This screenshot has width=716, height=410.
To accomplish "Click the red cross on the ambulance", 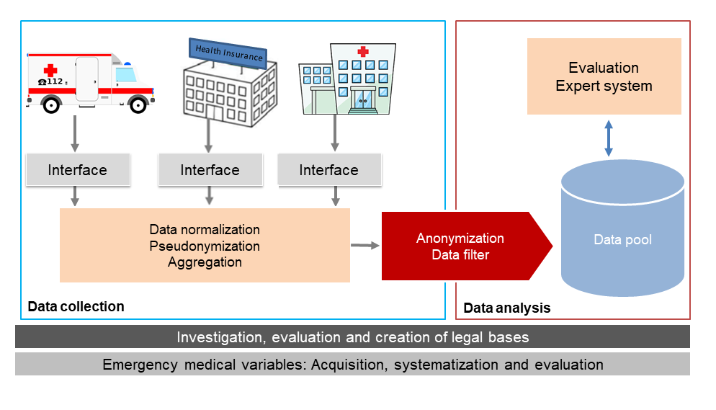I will pos(50,71).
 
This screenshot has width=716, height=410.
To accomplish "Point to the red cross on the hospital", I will pos(362,52).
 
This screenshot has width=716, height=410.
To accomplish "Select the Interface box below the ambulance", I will pos(77,170).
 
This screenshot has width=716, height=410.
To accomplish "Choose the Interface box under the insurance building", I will pos(210,170).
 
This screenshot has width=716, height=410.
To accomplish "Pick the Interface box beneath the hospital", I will pos(328,170).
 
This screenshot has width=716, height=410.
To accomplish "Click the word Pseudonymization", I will pos(205,246).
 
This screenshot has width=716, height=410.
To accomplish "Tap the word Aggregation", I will pos(205,262).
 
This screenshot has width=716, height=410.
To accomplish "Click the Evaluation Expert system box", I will pos(604,76).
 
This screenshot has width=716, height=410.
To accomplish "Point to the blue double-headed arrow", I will pos(609,138).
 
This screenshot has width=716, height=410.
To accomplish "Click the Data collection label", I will pos(76,307).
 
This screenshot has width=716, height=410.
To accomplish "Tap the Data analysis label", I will pos(506,308).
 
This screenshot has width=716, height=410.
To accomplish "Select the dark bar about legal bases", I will pos(352,337).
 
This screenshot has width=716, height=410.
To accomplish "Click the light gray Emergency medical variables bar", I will pos(352,364).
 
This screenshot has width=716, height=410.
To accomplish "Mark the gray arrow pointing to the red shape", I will pos(364,246).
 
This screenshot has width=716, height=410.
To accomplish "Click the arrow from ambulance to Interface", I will pos(76,132).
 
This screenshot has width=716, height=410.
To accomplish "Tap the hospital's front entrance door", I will pos(362,100).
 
